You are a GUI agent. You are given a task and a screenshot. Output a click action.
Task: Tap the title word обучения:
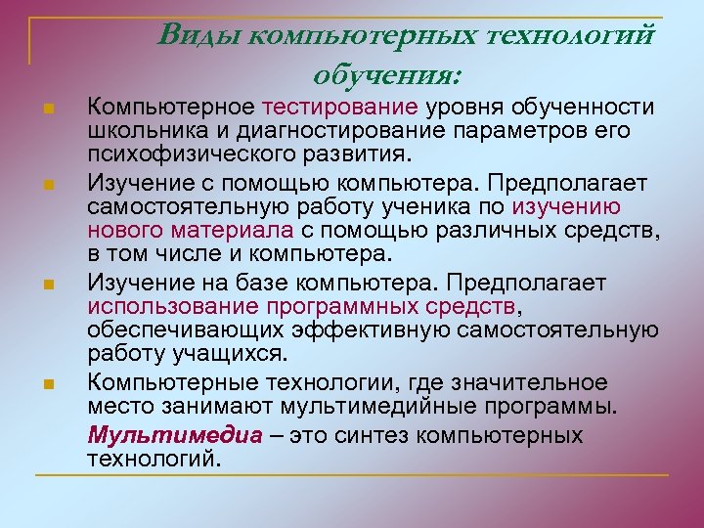(x=388, y=73)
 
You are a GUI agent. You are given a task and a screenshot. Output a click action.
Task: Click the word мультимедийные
(x=406, y=406)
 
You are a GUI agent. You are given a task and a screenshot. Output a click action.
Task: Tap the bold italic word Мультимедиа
(x=174, y=435)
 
